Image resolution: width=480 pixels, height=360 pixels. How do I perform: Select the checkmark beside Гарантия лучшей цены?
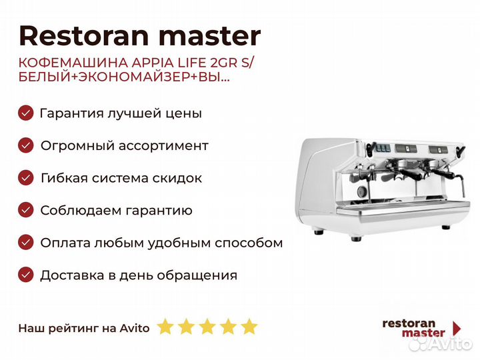[x=26, y=113]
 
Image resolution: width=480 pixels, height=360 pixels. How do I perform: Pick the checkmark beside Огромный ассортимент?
[x=26, y=145]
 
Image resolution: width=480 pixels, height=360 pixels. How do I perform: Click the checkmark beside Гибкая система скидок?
[x=26, y=178]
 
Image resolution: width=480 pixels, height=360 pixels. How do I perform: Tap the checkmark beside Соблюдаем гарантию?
[x=26, y=210]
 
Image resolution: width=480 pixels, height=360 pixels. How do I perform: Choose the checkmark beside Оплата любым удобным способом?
[x=26, y=243]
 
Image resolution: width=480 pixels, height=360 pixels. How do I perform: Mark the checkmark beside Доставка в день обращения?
[x=26, y=275]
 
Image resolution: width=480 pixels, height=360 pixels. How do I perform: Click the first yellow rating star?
[x=165, y=327]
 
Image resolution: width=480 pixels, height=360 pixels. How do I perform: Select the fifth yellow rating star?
[x=249, y=327]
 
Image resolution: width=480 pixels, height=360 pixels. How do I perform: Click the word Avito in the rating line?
[x=135, y=327]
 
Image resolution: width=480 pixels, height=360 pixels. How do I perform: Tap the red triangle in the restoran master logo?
[x=457, y=328]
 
